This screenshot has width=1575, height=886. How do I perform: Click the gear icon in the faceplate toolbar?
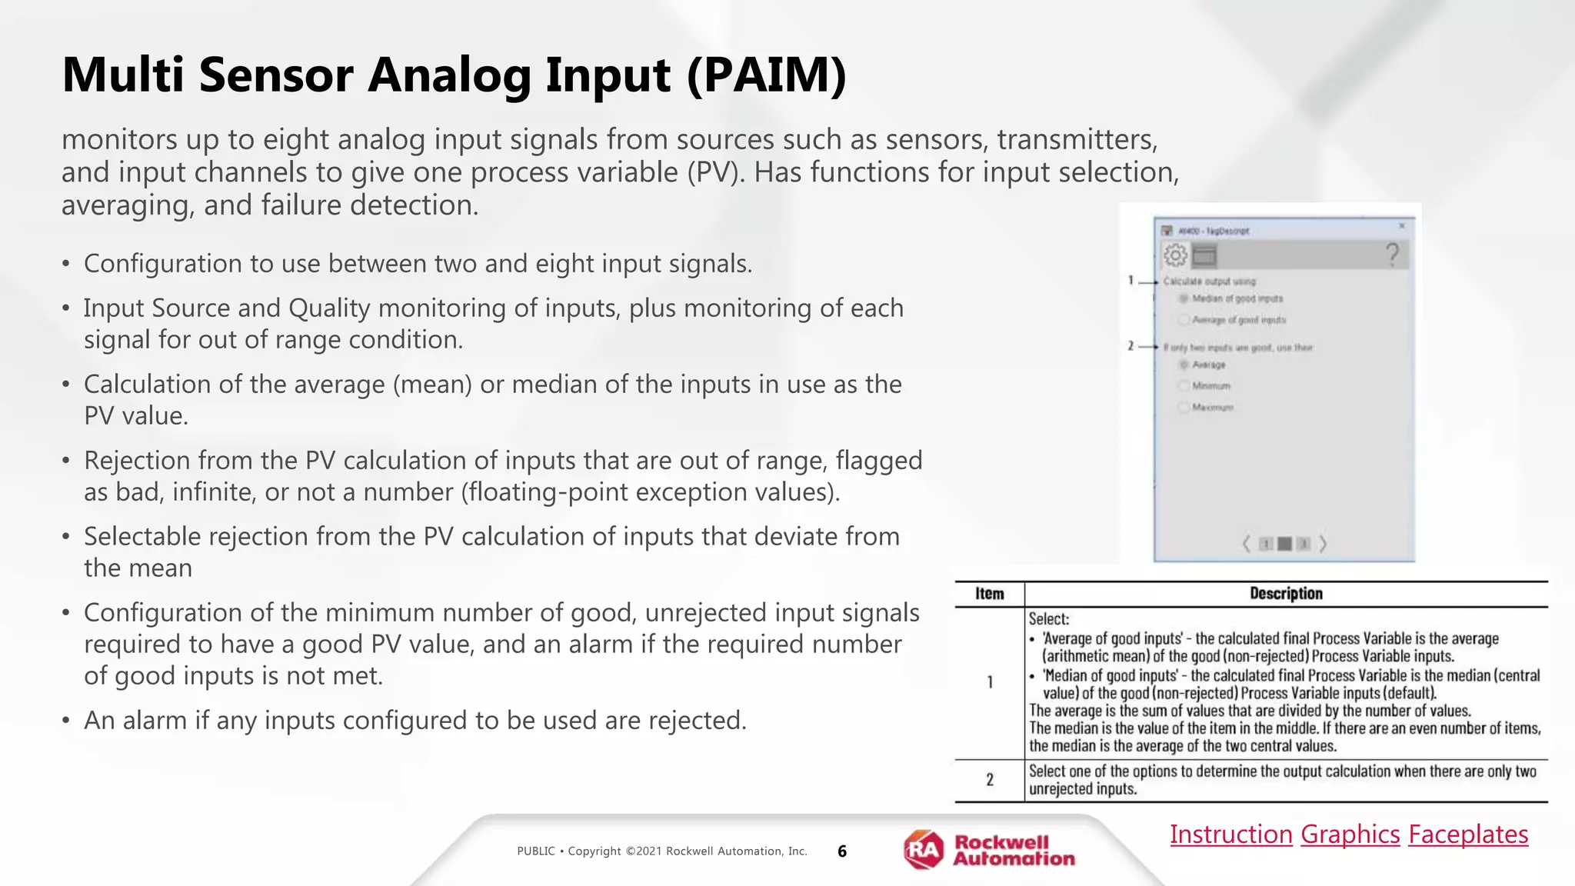pos(1175,255)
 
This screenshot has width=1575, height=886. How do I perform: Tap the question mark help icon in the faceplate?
pos(1392,255)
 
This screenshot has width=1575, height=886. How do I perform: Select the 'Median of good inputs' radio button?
pos(1184,298)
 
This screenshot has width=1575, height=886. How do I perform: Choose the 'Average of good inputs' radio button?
pos(1184,320)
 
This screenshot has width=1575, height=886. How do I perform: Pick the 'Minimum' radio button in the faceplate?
pos(1184,386)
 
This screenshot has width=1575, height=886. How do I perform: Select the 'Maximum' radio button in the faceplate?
pos(1184,408)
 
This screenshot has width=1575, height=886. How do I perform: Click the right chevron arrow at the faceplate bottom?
pos(1323,544)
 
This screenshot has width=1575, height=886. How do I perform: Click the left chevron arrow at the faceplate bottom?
pos(1247,544)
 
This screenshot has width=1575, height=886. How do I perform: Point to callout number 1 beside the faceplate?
pos(1130,281)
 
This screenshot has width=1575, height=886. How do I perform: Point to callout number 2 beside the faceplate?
pos(1130,347)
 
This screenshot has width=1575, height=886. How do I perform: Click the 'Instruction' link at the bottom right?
pos(1230,834)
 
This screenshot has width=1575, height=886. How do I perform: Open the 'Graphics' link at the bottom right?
pos(1350,834)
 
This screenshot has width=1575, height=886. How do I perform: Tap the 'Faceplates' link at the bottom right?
pos(1468,834)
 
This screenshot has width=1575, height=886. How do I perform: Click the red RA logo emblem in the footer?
pos(924,850)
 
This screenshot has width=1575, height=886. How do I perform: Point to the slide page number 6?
pos(842,851)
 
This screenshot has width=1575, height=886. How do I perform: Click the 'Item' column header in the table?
pos(989,594)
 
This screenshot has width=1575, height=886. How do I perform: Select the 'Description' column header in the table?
pos(1286,594)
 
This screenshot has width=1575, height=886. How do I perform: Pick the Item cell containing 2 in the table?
pos(990,780)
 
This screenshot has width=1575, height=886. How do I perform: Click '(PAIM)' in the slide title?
pos(766,75)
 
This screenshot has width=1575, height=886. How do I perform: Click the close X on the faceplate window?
pos(1401,226)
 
